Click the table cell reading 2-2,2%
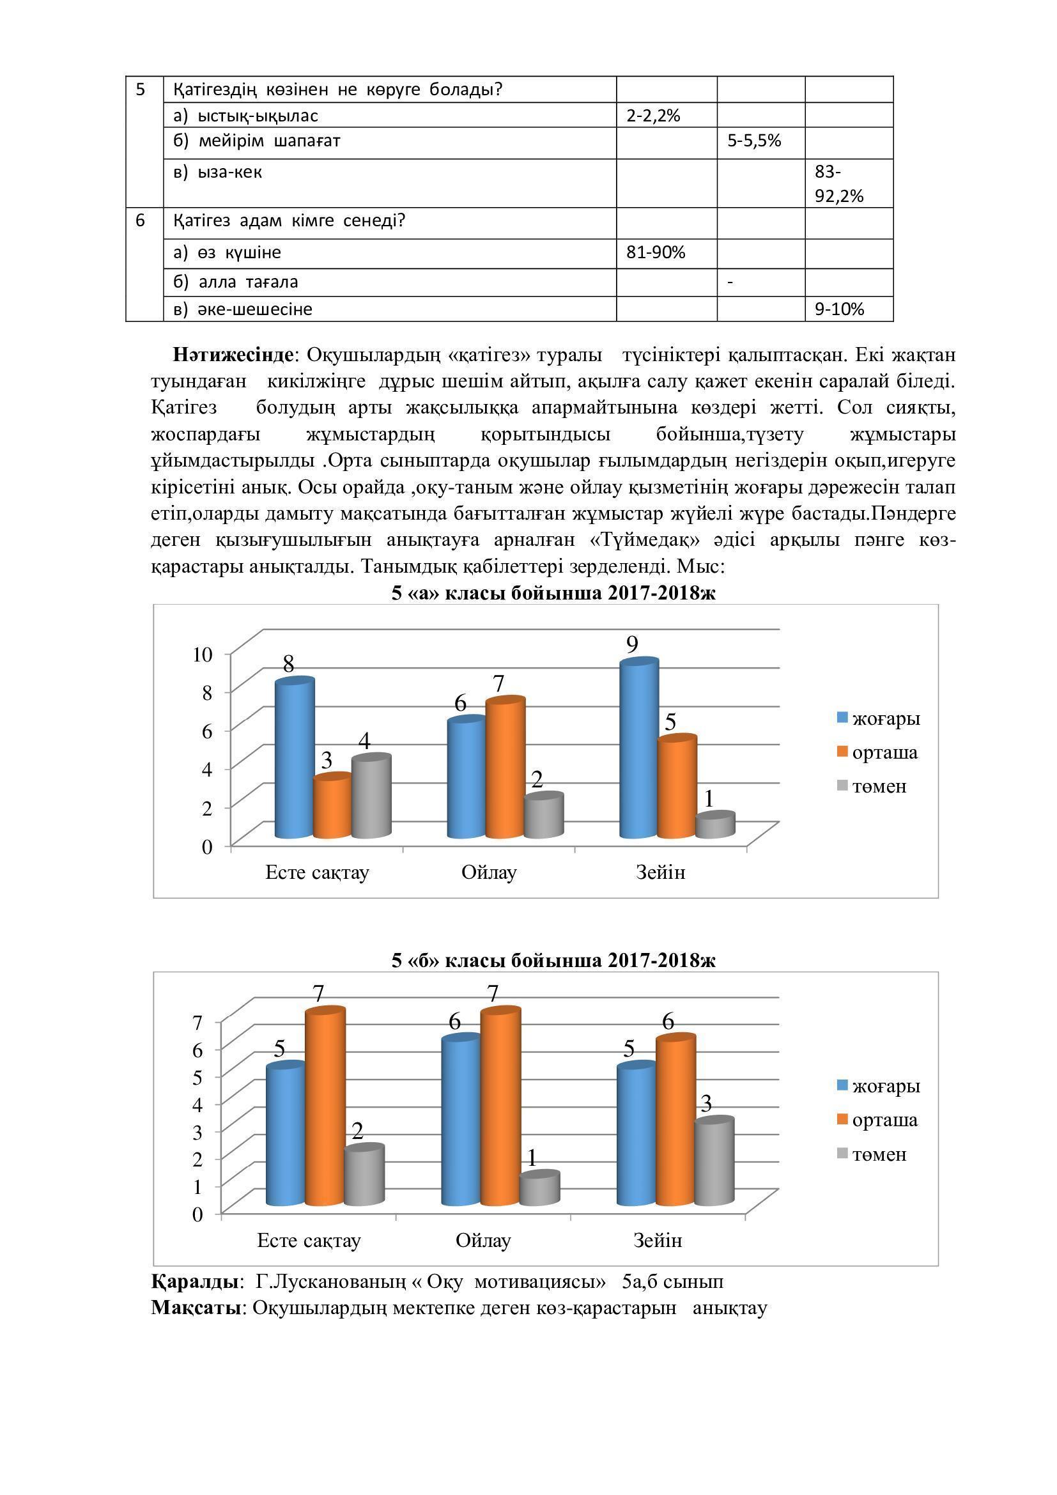click(x=653, y=116)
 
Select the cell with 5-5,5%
click(x=753, y=141)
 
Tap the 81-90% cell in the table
click(x=656, y=252)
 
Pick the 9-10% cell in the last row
click(x=839, y=309)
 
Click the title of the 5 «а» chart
click(x=553, y=593)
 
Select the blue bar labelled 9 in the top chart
click(x=638, y=749)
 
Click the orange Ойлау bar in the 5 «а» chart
click(x=505, y=768)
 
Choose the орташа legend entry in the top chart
click(x=884, y=752)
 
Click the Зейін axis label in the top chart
click(x=660, y=872)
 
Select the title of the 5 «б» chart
click(x=553, y=961)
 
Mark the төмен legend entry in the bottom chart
click(x=879, y=1154)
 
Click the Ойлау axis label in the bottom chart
click(x=483, y=1240)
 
